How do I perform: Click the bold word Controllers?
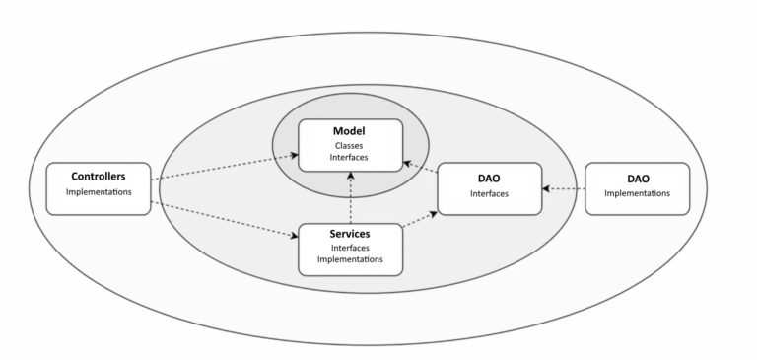[98, 177]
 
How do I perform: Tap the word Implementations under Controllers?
[98, 192]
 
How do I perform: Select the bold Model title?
[350, 130]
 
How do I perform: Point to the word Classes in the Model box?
[350, 146]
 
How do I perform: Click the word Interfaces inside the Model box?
[350, 159]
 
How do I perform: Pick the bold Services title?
[350, 234]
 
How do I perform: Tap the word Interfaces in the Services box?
[350, 249]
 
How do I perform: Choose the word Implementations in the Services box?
[350, 261]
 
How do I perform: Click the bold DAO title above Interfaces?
[489, 178]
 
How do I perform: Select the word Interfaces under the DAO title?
[489, 193]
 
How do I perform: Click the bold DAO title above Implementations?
[637, 178]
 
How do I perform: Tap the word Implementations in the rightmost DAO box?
[637, 193]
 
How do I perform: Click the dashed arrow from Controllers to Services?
[227, 220]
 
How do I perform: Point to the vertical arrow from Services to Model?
[351, 197]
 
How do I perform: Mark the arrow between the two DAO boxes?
[564, 188]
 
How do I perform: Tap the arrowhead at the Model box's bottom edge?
[351, 176]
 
